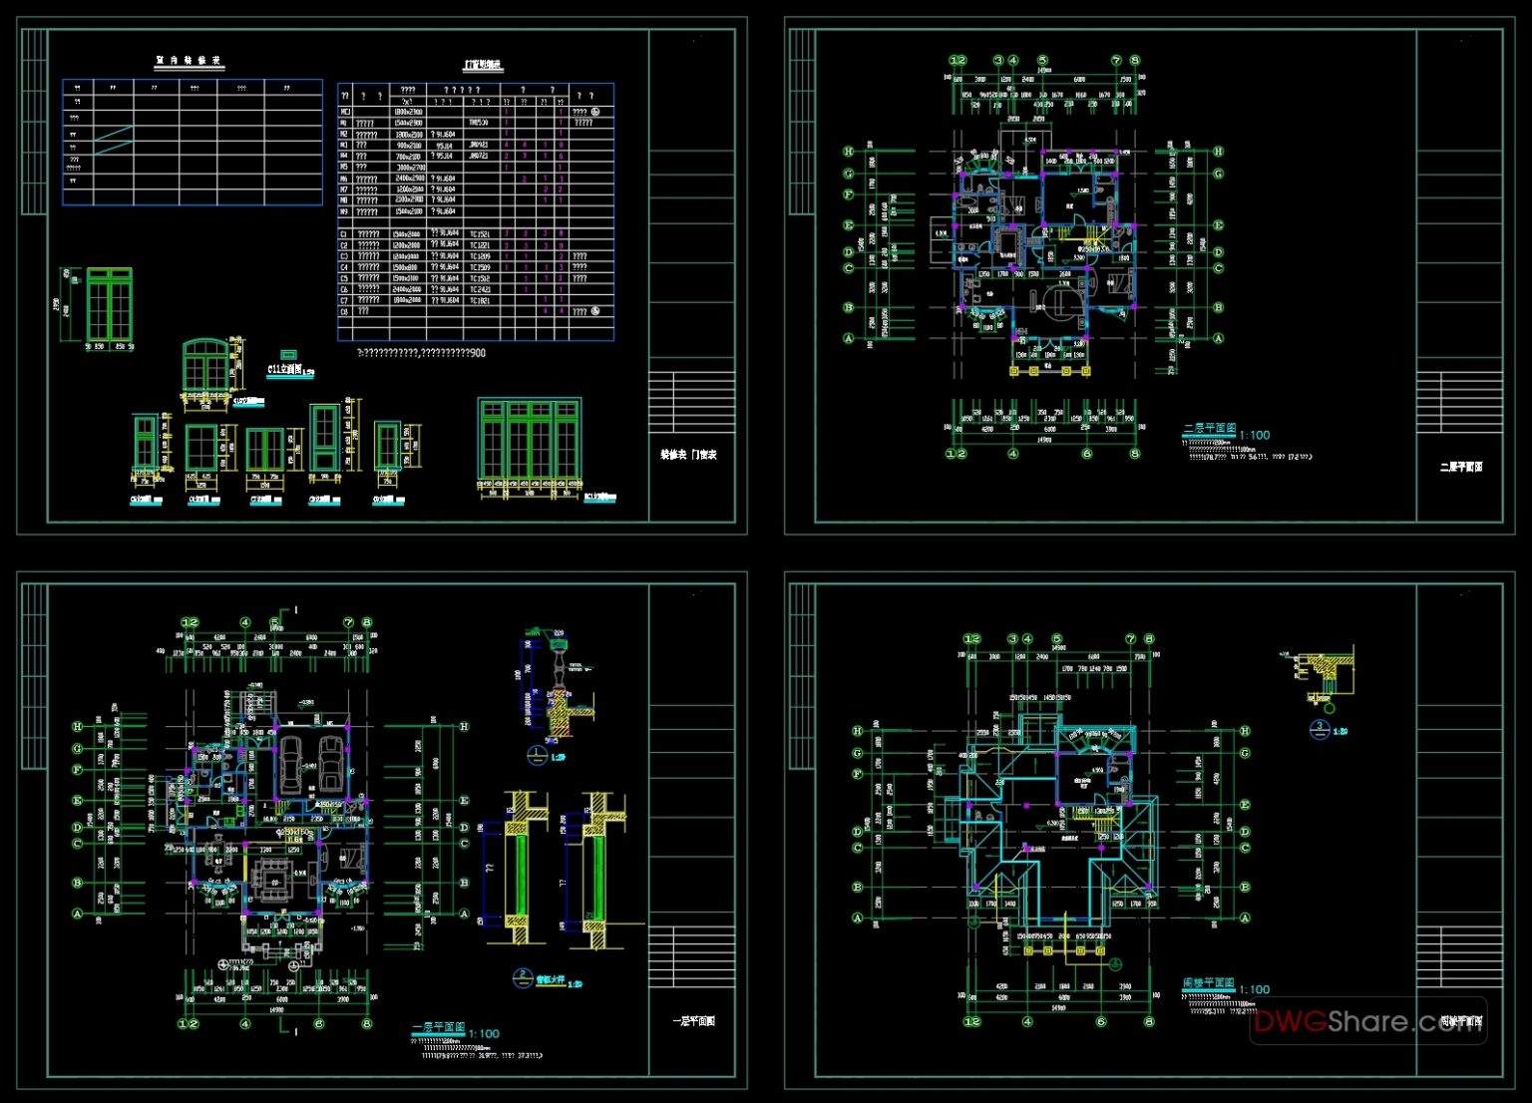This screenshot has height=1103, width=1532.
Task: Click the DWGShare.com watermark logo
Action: pyautogui.click(x=1367, y=1021)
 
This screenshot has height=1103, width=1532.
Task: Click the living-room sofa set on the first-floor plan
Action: pyautogui.click(x=269, y=879)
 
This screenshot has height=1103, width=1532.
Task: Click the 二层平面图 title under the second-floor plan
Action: pyautogui.click(x=1209, y=429)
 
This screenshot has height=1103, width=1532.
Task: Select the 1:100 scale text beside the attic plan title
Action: pyautogui.click(x=1255, y=989)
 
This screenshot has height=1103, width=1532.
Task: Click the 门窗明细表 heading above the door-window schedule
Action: pyautogui.click(x=483, y=65)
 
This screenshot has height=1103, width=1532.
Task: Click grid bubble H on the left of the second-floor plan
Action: pyautogui.click(x=849, y=152)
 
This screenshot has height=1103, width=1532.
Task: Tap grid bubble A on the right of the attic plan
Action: pyautogui.click(x=1245, y=918)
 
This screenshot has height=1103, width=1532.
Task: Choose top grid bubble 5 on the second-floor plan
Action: pyautogui.click(x=1042, y=61)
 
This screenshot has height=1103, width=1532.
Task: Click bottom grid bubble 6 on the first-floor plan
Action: pyautogui.click(x=319, y=1023)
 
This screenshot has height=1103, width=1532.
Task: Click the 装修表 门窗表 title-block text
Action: pyautogui.click(x=688, y=455)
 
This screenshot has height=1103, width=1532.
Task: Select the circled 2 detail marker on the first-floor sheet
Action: pyautogui.click(x=522, y=976)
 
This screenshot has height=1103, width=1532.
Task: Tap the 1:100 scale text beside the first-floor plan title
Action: pyautogui.click(x=484, y=1033)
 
